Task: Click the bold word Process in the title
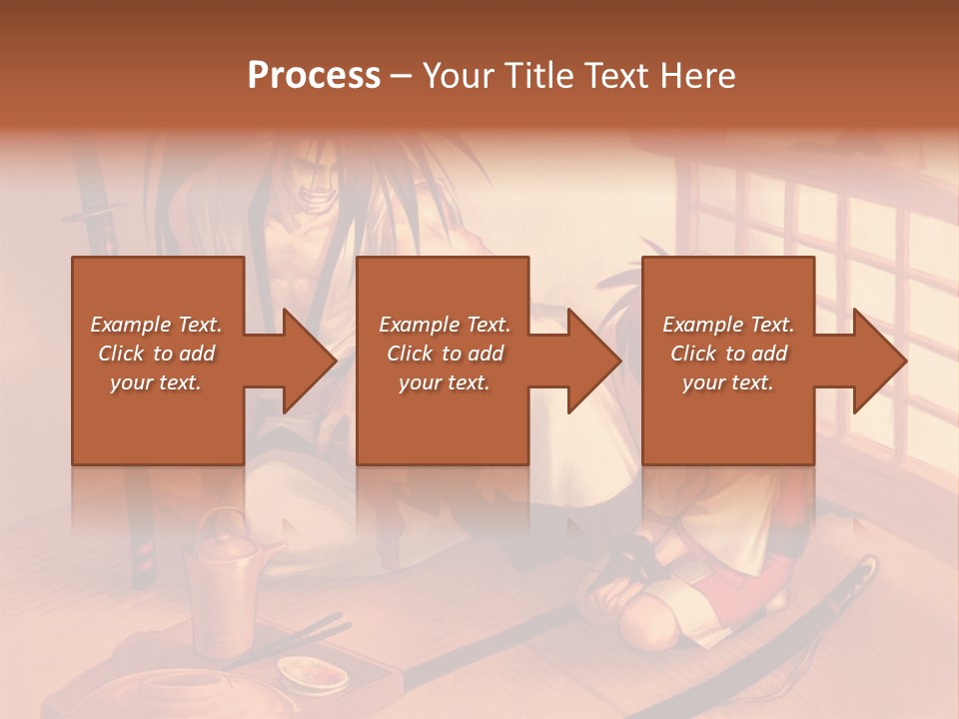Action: click(x=314, y=76)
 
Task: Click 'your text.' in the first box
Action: click(x=156, y=382)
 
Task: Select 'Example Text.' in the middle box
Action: click(x=444, y=325)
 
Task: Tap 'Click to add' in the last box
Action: click(x=728, y=354)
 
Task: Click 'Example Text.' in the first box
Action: click(x=156, y=325)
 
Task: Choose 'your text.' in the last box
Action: click(x=728, y=382)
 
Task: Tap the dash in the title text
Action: click(x=402, y=76)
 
